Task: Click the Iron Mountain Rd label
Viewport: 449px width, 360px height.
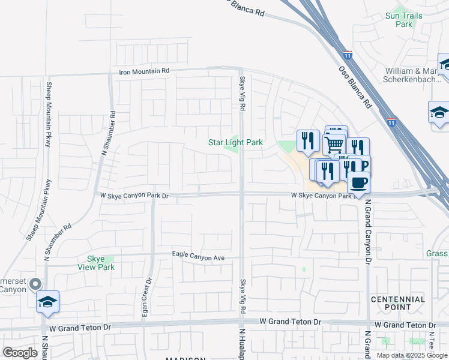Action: (144, 71)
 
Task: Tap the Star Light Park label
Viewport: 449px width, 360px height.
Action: (235, 143)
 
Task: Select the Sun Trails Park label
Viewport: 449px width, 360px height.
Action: (400, 20)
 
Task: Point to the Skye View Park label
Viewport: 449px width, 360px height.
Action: (96, 263)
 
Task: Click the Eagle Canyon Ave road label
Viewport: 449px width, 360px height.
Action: (198, 257)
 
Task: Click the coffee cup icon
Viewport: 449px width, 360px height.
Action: (358, 181)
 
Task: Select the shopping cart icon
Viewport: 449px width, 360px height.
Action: (334, 144)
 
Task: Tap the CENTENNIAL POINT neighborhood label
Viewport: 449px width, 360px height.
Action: (398, 303)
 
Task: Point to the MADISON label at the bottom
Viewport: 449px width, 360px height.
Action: (185, 358)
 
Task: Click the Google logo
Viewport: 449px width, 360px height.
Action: (20, 352)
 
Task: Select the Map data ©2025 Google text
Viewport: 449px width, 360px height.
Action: (412, 355)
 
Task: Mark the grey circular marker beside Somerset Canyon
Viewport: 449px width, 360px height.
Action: (36, 284)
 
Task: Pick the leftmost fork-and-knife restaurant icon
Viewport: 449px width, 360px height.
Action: (307, 141)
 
